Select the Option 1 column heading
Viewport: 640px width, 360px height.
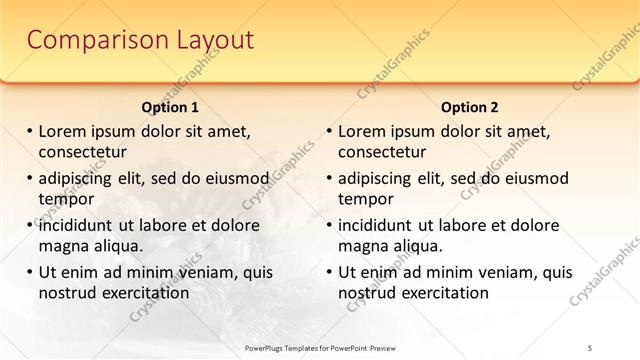(x=170, y=107)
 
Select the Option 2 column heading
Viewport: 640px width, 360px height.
(x=469, y=107)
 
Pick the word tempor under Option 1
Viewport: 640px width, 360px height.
(x=64, y=199)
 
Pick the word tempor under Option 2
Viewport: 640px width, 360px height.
(x=364, y=199)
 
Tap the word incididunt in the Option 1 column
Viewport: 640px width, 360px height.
(x=82, y=225)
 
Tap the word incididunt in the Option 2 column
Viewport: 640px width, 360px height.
(x=382, y=225)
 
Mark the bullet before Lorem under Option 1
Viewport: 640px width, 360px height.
(x=30, y=132)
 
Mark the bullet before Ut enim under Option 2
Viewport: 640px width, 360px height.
(x=330, y=272)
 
